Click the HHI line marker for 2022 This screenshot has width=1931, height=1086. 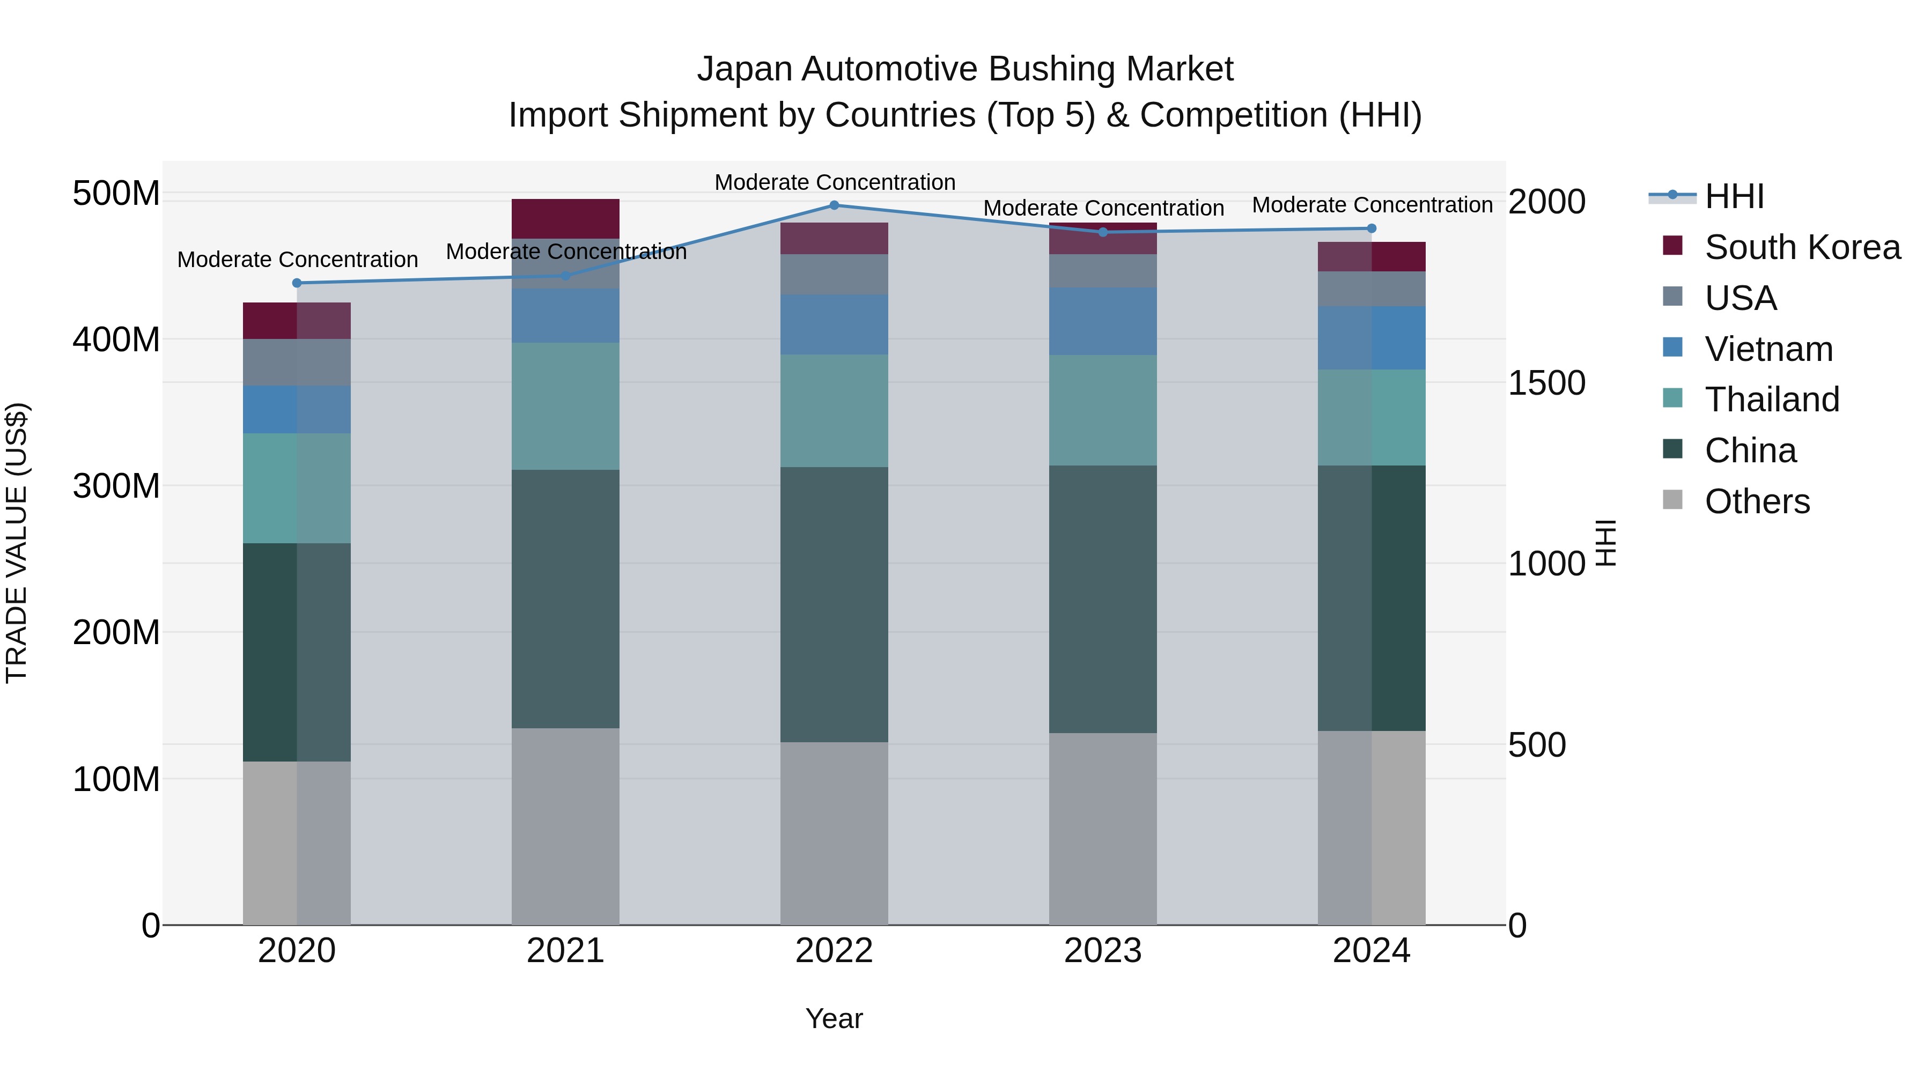[834, 205]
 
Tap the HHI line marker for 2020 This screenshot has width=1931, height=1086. [297, 283]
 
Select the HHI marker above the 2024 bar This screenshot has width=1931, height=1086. [1371, 228]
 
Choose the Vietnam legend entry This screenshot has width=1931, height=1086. [1768, 349]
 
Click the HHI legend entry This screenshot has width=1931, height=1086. [1734, 196]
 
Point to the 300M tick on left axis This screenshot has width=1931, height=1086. [116, 486]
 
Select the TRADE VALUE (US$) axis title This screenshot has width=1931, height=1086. [17, 543]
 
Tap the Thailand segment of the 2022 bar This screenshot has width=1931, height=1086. [834, 411]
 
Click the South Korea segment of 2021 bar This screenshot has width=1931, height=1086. [565, 219]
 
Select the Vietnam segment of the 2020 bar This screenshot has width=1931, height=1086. [297, 409]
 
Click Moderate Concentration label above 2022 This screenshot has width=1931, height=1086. [834, 182]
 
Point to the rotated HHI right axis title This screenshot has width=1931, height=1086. [1605, 543]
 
